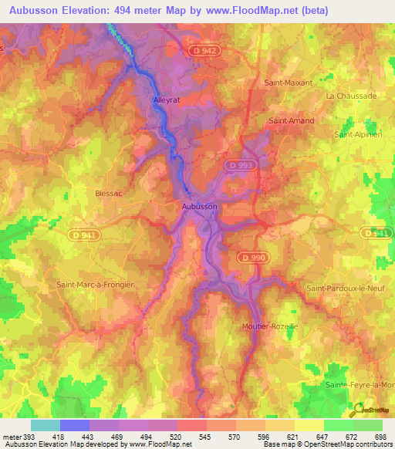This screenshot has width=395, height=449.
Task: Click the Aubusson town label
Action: coord(199,207)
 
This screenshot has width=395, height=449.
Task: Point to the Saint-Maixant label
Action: coord(288,82)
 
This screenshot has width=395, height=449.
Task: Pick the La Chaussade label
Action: coord(351,96)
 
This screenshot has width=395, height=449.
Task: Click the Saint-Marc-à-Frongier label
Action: coord(95,284)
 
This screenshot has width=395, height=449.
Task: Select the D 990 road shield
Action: coord(252,257)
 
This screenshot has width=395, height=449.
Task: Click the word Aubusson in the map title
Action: coord(35,11)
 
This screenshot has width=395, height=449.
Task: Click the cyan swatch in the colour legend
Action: coord(46,425)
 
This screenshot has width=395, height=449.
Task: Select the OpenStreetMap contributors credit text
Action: coord(340,444)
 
